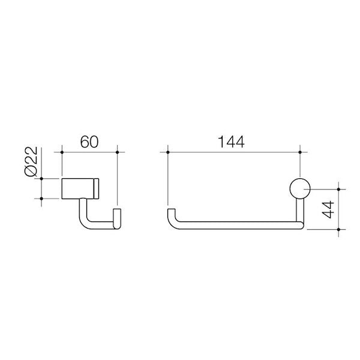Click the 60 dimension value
[89, 143]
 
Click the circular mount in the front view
[298, 189]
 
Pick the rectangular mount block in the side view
[80, 189]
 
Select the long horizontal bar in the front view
[234, 227]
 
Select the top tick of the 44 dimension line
[339, 189]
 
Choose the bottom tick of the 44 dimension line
[339, 229]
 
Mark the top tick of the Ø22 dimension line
[41, 178]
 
